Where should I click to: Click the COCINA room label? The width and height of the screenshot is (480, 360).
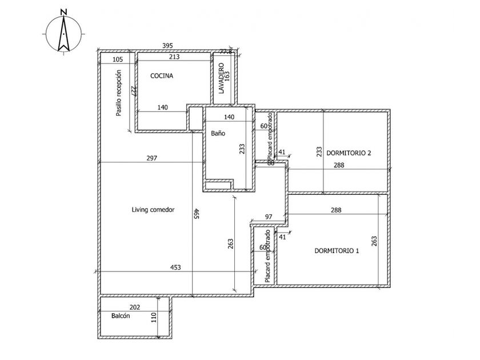click(162, 76)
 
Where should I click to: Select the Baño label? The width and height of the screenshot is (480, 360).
click(218, 133)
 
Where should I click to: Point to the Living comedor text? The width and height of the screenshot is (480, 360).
click(153, 210)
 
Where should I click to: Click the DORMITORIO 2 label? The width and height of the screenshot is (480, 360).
click(349, 153)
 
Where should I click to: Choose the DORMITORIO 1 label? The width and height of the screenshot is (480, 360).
click(337, 250)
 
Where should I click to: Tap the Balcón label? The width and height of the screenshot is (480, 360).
click(122, 315)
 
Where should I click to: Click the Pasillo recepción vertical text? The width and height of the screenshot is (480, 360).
click(119, 93)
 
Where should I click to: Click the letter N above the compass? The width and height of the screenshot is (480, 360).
click(64, 11)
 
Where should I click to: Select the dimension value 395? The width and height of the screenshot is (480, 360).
click(167, 45)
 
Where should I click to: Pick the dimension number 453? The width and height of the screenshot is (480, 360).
click(175, 267)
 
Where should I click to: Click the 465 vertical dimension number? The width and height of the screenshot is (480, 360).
click(196, 214)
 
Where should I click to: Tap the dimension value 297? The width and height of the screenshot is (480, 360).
click(151, 158)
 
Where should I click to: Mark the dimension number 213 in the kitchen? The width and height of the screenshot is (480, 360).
click(174, 57)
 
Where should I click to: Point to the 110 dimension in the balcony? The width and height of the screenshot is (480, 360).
click(153, 318)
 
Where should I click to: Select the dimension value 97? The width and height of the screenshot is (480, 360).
click(269, 217)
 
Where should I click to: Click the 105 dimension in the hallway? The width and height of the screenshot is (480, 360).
click(118, 59)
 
